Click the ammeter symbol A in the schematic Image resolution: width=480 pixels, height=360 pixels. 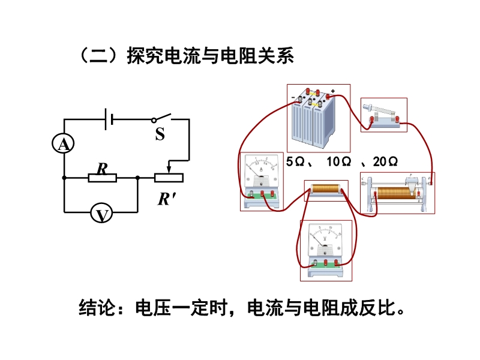[63, 144]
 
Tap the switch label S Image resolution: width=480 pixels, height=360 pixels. [160, 134]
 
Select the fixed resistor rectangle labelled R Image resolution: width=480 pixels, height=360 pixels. [102, 178]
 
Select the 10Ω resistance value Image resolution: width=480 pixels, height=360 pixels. [338, 162]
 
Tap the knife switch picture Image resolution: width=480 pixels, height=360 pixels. [383, 115]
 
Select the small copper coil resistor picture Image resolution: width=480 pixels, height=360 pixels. [326, 191]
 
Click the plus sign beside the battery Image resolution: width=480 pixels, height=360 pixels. [332, 91]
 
